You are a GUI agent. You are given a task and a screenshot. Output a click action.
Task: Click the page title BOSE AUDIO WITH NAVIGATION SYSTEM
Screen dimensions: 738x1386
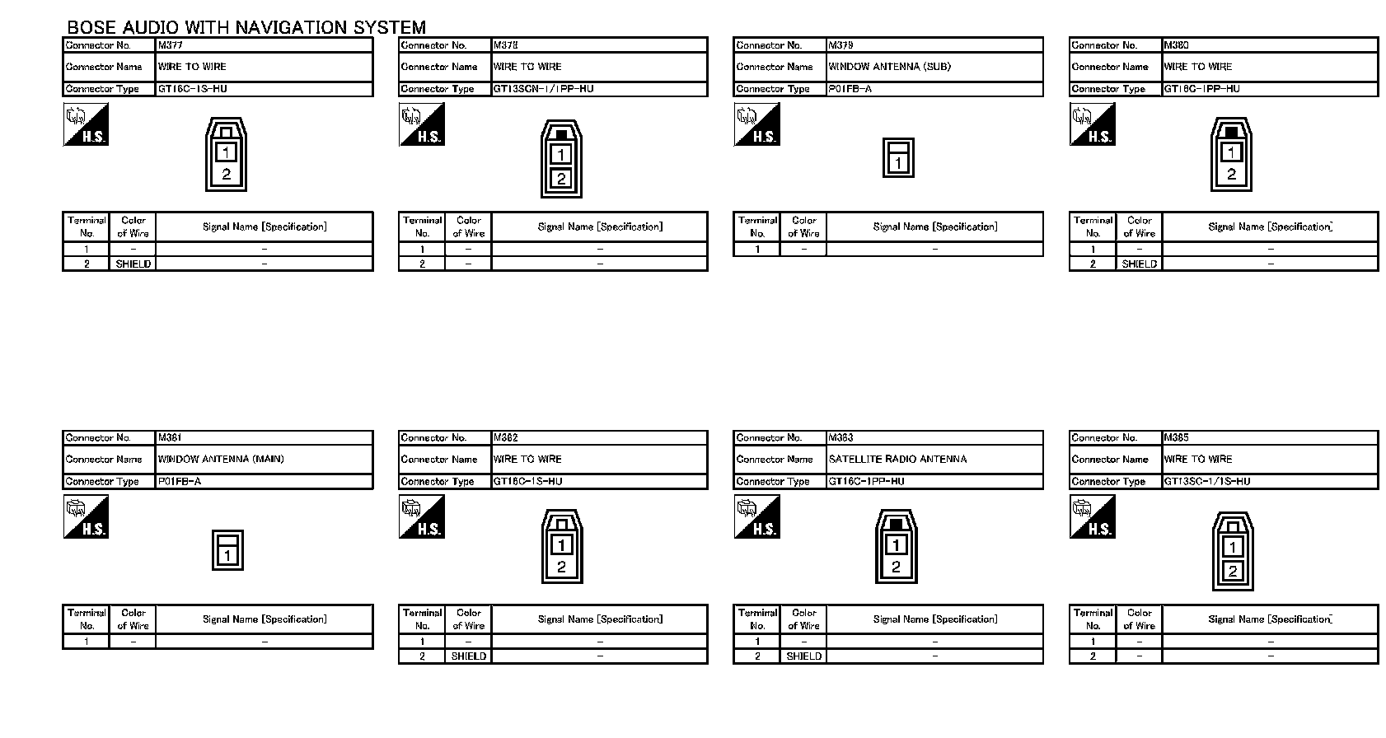point(246,28)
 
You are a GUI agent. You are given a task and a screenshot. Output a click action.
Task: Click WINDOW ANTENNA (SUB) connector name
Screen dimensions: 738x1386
point(889,67)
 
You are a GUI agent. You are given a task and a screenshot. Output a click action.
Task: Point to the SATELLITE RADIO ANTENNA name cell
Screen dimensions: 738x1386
point(897,460)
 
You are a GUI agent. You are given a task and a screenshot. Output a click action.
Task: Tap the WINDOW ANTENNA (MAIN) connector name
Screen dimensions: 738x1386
point(220,460)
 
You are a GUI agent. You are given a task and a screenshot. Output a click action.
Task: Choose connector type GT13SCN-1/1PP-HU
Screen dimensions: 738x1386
point(543,89)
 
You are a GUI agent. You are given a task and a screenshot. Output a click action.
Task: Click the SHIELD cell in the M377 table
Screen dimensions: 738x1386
point(133,264)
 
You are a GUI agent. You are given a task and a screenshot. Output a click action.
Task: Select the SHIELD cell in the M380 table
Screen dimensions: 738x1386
point(1139,264)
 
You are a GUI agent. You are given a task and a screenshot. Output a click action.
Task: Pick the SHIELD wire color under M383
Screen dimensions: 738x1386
point(803,656)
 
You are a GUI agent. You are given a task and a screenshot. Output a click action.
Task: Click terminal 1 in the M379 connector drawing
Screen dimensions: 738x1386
point(898,163)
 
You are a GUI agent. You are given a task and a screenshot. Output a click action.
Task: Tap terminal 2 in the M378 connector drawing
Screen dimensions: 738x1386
point(561,179)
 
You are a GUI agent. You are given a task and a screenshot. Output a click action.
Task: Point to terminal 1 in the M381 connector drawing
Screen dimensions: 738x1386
point(227,556)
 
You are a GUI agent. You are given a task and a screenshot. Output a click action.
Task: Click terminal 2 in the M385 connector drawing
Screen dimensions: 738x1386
point(1233,571)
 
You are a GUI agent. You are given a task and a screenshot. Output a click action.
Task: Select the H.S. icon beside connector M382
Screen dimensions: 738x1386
point(421,517)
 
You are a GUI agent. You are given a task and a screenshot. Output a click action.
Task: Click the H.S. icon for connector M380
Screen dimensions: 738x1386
point(1092,125)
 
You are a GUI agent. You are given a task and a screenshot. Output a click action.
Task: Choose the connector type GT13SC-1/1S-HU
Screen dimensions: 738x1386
point(1206,482)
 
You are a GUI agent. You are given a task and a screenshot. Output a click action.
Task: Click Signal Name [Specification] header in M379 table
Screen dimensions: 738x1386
point(934,227)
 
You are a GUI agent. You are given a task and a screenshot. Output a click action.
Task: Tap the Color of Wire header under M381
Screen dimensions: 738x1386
point(133,619)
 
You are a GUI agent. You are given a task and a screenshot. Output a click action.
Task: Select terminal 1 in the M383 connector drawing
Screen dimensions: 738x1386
point(896,544)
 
